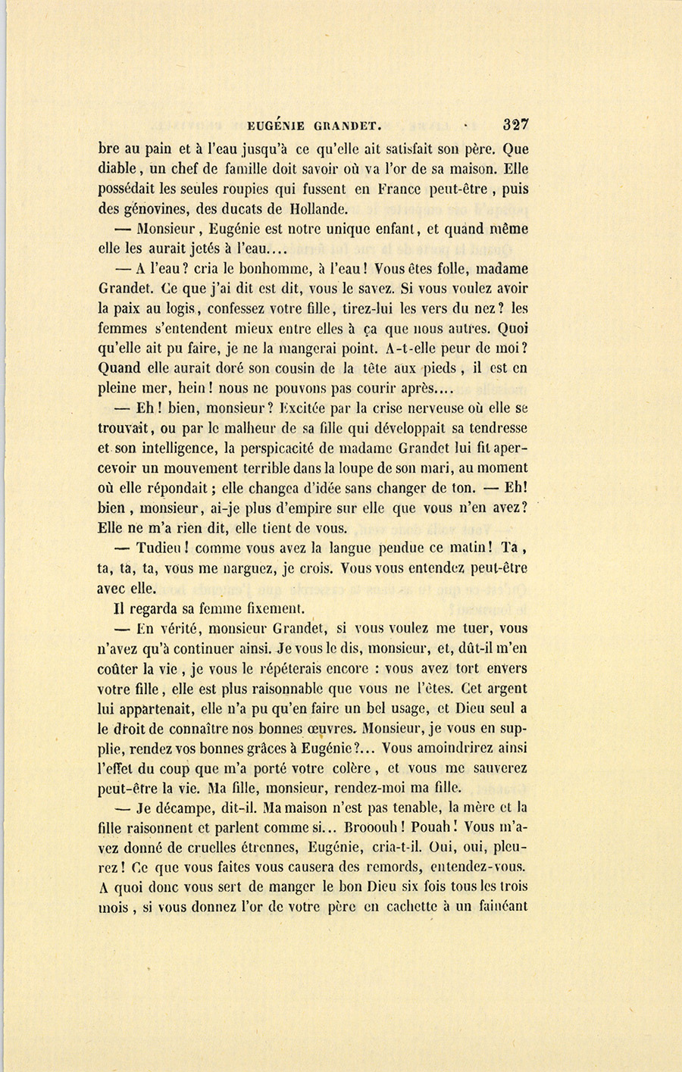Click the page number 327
515,124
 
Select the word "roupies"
264,189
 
